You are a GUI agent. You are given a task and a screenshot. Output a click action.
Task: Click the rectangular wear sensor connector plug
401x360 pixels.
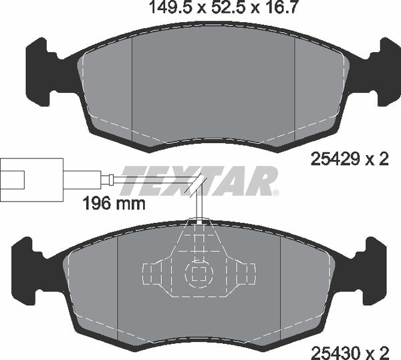(32, 179)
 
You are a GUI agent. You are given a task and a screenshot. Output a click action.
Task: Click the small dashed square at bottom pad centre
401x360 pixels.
(198, 272)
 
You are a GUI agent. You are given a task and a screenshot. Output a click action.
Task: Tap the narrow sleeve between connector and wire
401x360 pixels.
(107, 179)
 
